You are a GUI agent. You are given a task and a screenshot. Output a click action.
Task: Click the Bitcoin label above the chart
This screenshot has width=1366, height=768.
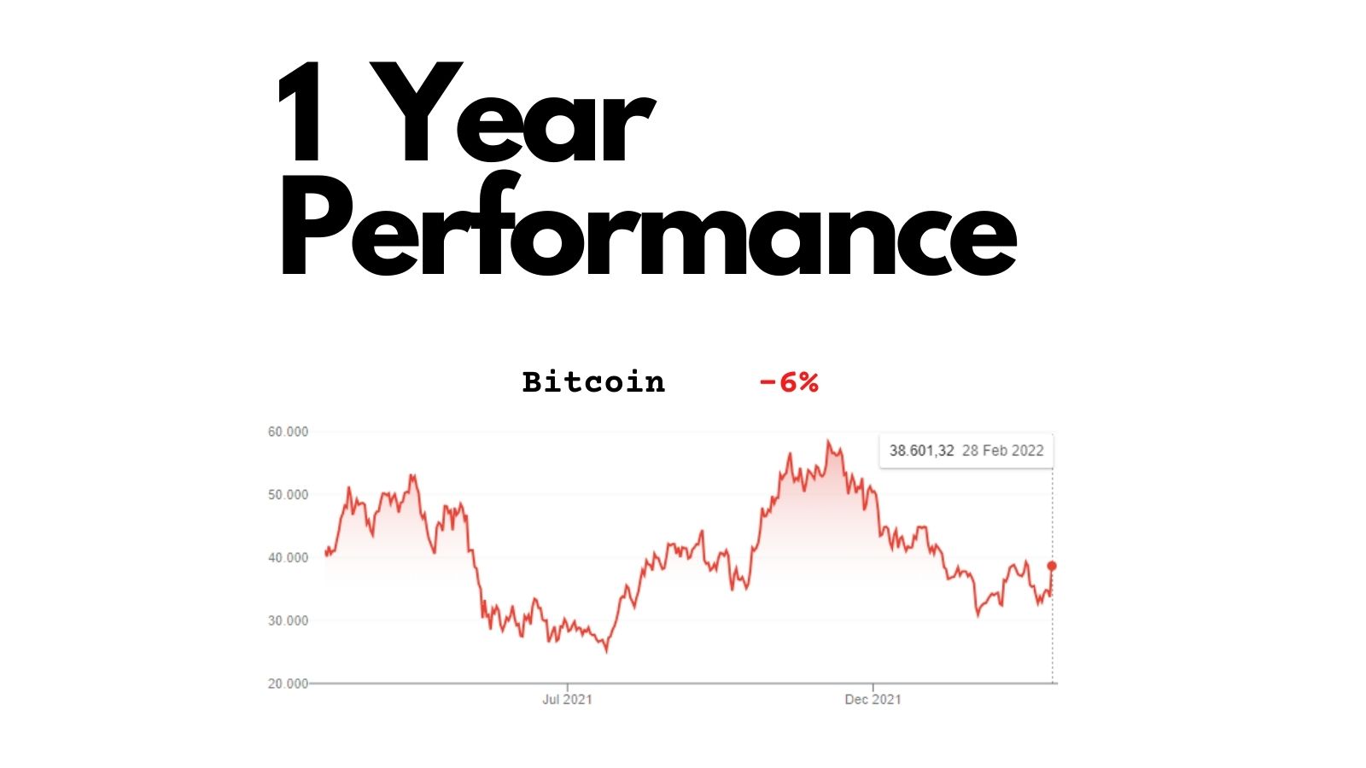click(x=593, y=383)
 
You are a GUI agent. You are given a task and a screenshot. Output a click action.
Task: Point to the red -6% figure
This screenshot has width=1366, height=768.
click(x=789, y=383)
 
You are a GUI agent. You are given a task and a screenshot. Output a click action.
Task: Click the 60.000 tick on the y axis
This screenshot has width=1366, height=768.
click(x=288, y=432)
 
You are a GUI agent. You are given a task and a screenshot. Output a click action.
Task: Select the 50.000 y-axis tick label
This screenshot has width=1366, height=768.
click(x=288, y=495)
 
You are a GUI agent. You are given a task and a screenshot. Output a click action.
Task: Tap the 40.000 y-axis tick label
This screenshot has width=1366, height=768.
click(x=288, y=558)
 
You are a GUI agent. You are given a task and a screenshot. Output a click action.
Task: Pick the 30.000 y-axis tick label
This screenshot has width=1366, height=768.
click(x=288, y=620)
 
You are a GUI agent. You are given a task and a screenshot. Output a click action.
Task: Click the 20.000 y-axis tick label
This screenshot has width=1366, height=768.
click(x=288, y=684)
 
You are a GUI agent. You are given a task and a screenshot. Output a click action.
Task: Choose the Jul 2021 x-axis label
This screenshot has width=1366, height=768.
click(x=567, y=700)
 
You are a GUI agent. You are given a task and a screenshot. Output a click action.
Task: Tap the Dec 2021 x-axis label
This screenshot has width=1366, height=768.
click(x=873, y=700)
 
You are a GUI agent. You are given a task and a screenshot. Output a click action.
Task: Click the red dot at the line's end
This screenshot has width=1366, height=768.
click(x=1052, y=567)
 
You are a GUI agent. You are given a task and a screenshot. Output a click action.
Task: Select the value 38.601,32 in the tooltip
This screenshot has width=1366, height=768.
click(x=921, y=451)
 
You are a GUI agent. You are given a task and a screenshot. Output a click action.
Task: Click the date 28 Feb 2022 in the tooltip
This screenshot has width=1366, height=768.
click(x=1003, y=451)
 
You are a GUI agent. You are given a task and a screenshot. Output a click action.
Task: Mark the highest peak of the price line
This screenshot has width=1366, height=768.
click(x=828, y=440)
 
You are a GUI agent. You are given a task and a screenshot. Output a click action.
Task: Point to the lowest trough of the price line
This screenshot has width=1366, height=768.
click(x=606, y=652)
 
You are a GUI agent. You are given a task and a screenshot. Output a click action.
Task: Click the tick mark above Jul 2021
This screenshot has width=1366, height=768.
click(x=567, y=687)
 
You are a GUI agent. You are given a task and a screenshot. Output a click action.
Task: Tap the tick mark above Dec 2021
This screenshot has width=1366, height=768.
click(x=873, y=687)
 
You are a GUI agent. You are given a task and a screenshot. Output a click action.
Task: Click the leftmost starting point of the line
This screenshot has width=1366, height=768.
click(x=325, y=552)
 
